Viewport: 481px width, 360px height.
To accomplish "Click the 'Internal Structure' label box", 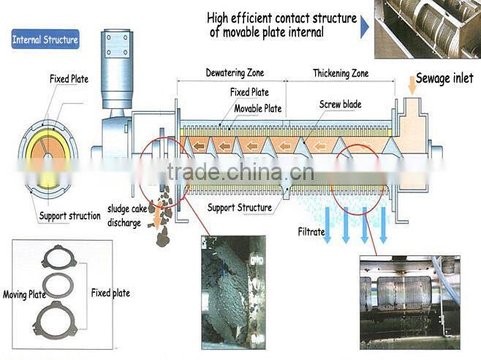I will (45, 40).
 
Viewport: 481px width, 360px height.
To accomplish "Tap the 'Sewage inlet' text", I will (444, 78).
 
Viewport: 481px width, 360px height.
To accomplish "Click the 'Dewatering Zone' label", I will (234, 73).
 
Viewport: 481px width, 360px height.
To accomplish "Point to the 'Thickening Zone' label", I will (341, 73).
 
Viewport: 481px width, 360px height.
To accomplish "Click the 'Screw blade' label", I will (340, 104).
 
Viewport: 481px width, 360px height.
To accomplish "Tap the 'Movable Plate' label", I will (258, 108).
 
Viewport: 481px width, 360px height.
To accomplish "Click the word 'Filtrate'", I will (311, 232).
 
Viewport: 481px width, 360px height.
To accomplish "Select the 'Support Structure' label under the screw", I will (240, 208).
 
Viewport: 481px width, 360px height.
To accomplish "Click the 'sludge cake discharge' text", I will (124, 215).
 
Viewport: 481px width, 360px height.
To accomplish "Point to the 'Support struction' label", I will (69, 216).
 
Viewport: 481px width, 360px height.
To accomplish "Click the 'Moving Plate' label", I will (25, 295).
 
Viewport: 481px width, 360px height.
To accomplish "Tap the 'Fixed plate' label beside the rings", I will (110, 293).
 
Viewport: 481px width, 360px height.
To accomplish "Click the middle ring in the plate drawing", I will (58, 285).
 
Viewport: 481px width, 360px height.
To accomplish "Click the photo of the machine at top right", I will (427, 29).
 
